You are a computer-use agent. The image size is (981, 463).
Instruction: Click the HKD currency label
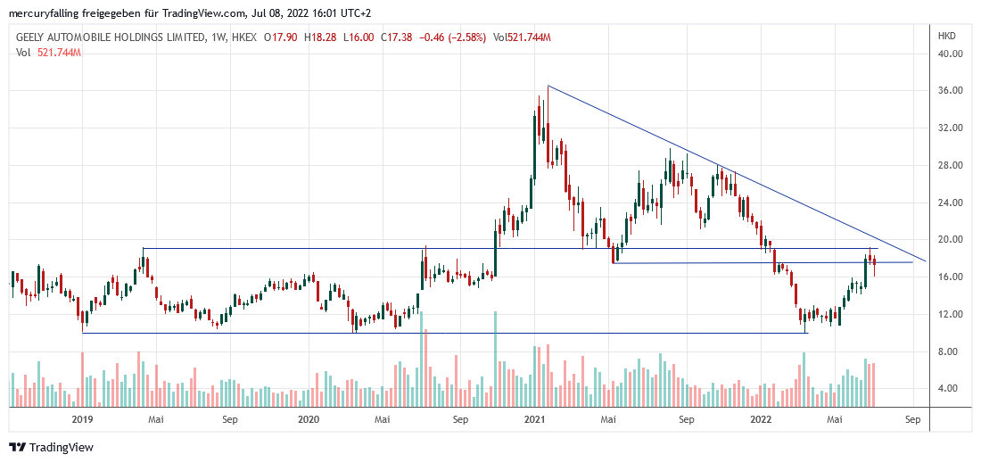[x=947, y=37]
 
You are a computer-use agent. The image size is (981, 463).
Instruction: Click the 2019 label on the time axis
[x=82, y=418]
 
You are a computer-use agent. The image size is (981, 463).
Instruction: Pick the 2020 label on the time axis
[x=309, y=418]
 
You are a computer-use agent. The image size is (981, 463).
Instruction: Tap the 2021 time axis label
[x=535, y=418]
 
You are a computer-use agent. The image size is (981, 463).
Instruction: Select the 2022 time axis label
[x=761, y=418]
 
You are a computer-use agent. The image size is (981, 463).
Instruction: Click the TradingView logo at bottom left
[x=51, y=447]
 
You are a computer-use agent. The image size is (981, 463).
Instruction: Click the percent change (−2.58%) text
[x=465, y=37]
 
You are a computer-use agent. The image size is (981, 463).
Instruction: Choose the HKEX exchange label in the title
[x=244, y=37]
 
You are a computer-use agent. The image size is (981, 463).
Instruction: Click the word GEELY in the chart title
[x=36, y=37]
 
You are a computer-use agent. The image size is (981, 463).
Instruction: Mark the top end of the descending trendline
[x=548, y=86]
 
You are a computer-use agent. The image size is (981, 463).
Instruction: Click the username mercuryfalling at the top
[x=44, y=12]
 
